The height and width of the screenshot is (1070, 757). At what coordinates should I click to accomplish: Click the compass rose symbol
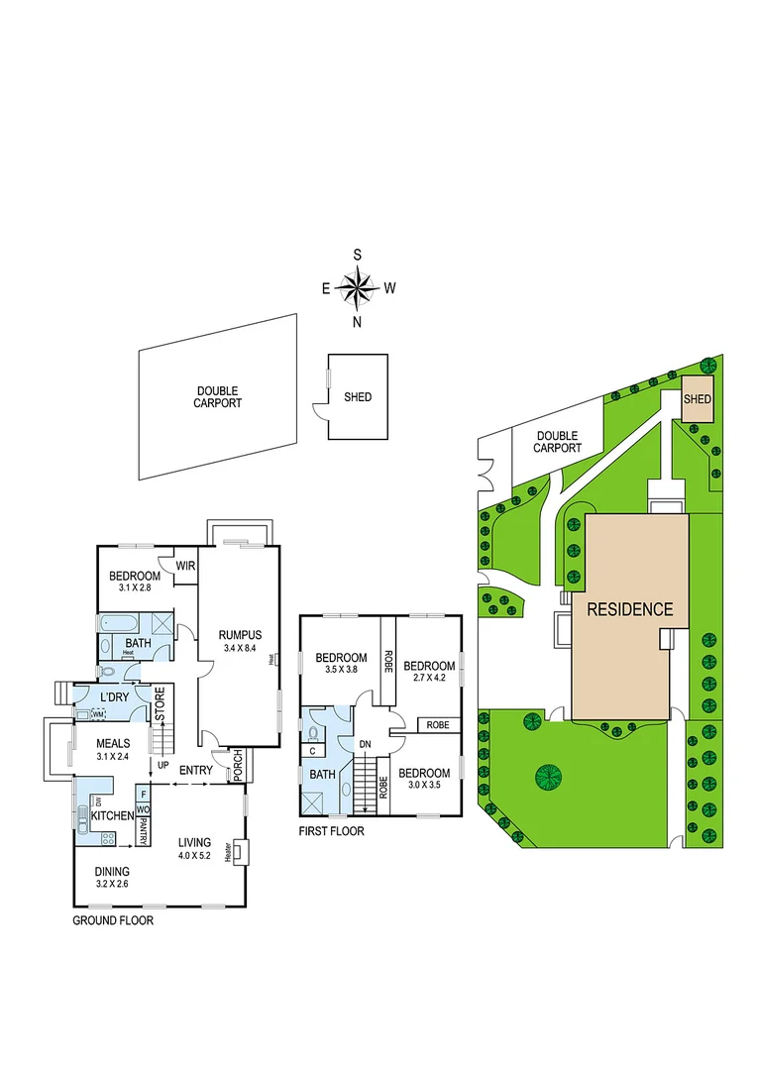coord(358,288)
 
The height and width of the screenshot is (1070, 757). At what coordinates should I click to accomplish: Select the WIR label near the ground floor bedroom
coord(185,566)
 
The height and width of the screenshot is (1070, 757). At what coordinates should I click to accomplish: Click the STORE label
coord(159,705)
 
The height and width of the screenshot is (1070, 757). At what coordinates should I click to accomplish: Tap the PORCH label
coord(238,766)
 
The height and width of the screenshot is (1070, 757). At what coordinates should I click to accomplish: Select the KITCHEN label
coord(112,814)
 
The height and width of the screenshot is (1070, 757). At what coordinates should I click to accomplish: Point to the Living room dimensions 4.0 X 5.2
coord(195,855)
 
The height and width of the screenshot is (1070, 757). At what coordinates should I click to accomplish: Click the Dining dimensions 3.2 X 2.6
coord(112,883)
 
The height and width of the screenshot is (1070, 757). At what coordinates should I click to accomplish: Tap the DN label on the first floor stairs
coord(365,743)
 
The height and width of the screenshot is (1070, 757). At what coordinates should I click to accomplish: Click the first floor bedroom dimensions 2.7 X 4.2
coord(429,679)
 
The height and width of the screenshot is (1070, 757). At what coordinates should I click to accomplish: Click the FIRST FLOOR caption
coord(331,831)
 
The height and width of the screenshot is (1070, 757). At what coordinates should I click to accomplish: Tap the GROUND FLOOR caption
coord(113,920)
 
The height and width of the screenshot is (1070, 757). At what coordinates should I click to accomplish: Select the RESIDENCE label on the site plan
coord(629,609)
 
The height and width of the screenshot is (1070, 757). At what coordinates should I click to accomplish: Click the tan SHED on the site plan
coord(698,398)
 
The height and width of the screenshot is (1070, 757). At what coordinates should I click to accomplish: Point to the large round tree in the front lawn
coord(548,775)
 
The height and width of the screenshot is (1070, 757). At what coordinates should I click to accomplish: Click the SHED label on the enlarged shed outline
coord(358,397)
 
